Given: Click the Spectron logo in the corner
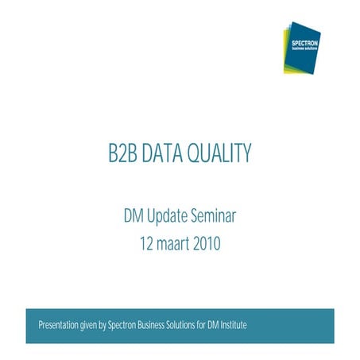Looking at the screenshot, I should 302,47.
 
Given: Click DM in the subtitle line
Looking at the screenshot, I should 135,215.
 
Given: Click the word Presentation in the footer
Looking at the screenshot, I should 58,326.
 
